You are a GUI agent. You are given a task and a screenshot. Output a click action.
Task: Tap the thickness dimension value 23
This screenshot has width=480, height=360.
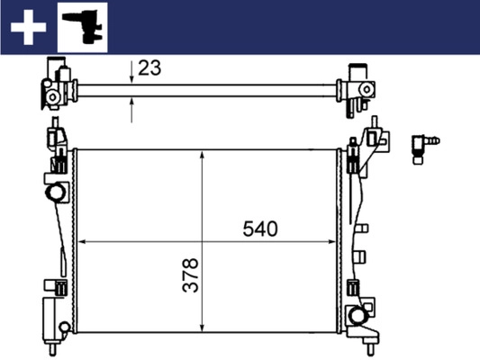(150, 67)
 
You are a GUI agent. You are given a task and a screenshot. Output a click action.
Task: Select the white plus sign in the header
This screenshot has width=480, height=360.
(28, 27)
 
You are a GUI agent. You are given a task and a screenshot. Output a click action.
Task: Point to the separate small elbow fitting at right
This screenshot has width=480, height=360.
(424, 143)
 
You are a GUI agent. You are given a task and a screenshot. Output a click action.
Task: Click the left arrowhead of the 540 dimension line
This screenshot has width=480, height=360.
(83, 241)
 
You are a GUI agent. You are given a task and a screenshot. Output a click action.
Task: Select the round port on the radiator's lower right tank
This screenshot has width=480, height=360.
(358, 315)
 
